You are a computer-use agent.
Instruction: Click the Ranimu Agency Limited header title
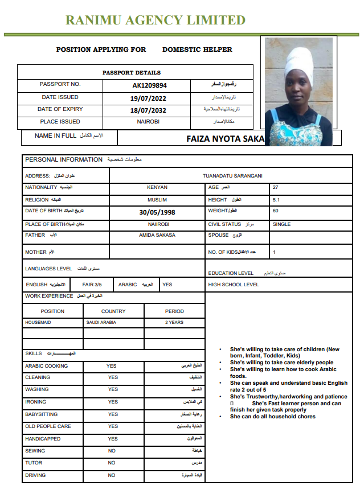click(155, 20)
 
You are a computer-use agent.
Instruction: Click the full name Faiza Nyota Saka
click(226, 139)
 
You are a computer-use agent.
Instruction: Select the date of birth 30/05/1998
click(157, 212)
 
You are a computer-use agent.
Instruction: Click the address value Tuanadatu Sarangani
click(232, 176)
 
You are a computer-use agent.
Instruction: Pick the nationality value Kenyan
click(157, 187)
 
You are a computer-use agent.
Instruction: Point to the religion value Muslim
click(157, 200)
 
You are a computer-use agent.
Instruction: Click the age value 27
click(276, 187)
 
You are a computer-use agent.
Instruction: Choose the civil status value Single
click(281, 224)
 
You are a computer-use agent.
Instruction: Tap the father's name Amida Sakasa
click(157, 235)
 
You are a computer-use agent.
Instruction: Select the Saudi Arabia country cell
click(101, 322)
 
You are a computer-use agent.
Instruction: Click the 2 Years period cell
click(174, 322)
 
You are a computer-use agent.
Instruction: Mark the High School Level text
click(234, 285)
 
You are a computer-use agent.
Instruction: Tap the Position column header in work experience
click(52, 311)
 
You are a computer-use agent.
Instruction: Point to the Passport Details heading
click(132, 73)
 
